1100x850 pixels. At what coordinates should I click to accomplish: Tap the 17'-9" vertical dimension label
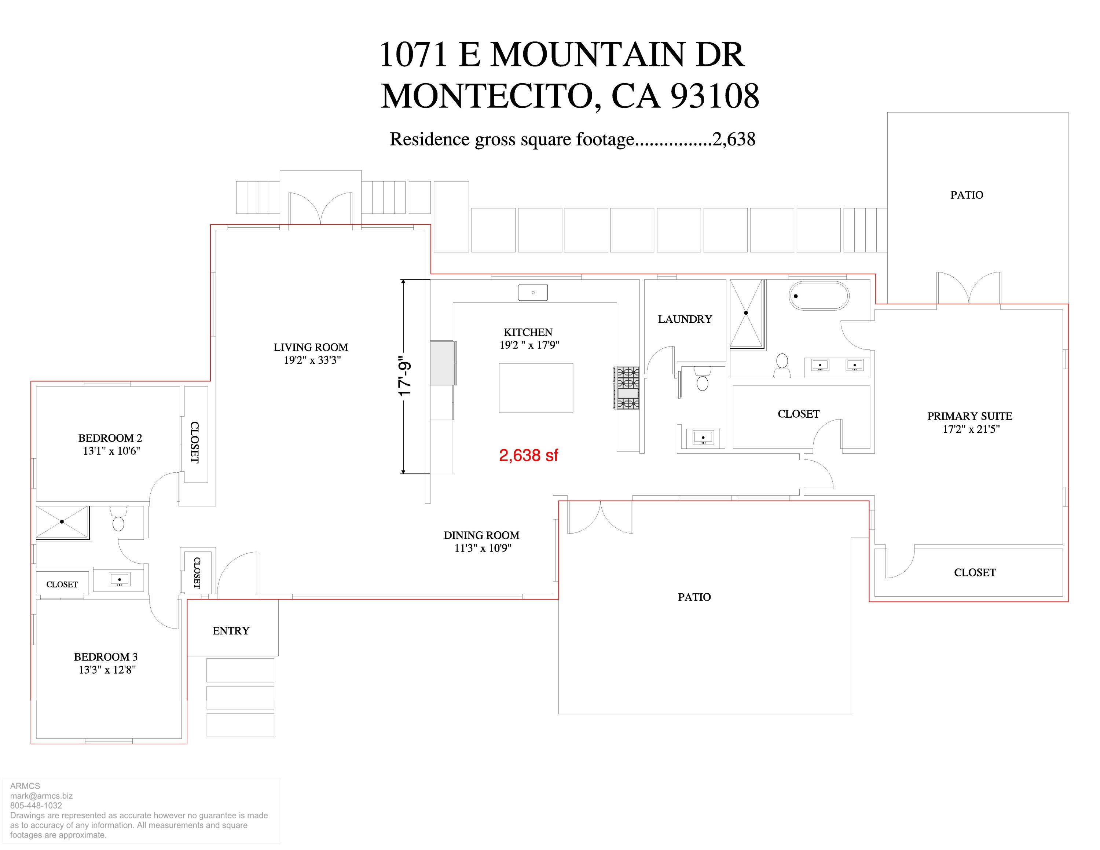(x=405, y=379)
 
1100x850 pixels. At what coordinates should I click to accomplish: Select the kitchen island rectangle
(x=536, y=388)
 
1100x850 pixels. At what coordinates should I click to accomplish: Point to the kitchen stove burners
(x=627, y=388)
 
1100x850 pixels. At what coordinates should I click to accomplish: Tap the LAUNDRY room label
(x=685, y=319)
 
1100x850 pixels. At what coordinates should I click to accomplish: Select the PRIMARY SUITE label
(x=969, y=416)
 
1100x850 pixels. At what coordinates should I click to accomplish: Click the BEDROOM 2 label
(x=110, y=438)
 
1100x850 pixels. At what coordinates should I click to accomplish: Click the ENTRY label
(x=231, y=631)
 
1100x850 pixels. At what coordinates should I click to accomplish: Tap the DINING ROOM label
(x=481, y=535)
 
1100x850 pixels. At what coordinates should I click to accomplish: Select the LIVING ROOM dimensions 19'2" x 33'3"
(x=312, y=360)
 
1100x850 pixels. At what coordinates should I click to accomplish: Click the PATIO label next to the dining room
(x=694, y=597)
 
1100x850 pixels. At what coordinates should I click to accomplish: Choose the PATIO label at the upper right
(x=967, y=195)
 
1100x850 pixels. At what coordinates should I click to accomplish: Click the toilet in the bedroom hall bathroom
(x=118, y=520)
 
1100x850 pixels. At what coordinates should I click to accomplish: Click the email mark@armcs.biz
(x=41, y=796)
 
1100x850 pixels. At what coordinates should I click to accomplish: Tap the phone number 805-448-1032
(x=36, y=805)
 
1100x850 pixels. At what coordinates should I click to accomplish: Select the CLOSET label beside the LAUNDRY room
(x=798, y=414)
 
